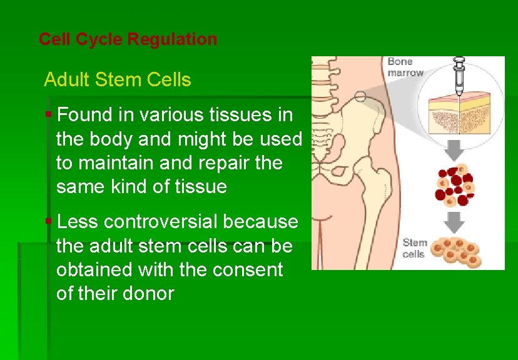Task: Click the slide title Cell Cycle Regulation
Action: (128, 39)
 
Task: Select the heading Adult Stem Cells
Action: (117, 80)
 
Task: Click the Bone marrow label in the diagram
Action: (405, 67)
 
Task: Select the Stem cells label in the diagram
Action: (414, 248)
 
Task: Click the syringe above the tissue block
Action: (460, 73)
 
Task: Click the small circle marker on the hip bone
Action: (360, 96)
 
